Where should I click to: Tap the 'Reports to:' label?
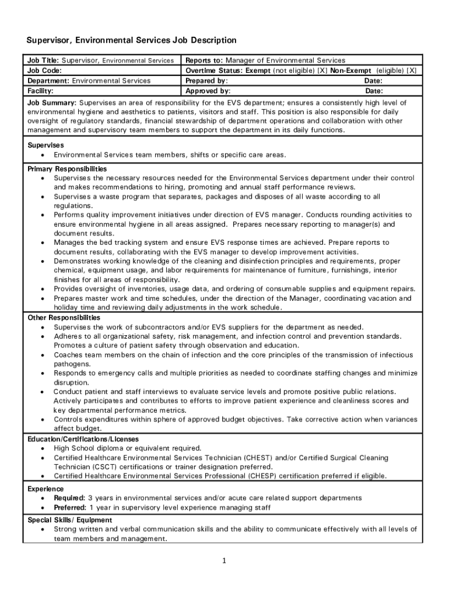(x=204, y=61)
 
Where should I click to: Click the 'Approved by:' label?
(x=208, y=91)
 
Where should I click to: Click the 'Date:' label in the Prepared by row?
(x=373, y=81)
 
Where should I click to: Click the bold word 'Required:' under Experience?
(x=69, y=498)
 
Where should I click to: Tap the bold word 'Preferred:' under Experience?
(x=71, y=507)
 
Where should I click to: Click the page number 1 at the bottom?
(x=223, y=561)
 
